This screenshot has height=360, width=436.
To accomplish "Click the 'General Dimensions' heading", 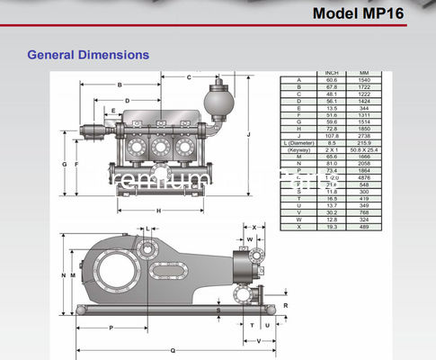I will pyautogui.click(x=88, y=55).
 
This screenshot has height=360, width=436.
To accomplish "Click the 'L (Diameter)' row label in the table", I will pyautogui.click(x=298, y=143).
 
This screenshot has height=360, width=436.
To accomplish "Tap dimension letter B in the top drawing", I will pyautogui.click(x=120, y=85).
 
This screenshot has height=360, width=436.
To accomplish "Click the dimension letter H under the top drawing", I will pyautogui.click(x=158, y=211).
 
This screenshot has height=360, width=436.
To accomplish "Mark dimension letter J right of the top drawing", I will pyautogui.click(x=260, y=133).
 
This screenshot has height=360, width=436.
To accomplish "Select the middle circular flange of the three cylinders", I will pyautogui.click(x=162, y=145).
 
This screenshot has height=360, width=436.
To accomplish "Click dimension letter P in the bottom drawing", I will pyautogui.click(x=111, y=328).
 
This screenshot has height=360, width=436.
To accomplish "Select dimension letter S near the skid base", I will pyautogui.click(x=218, y=310).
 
